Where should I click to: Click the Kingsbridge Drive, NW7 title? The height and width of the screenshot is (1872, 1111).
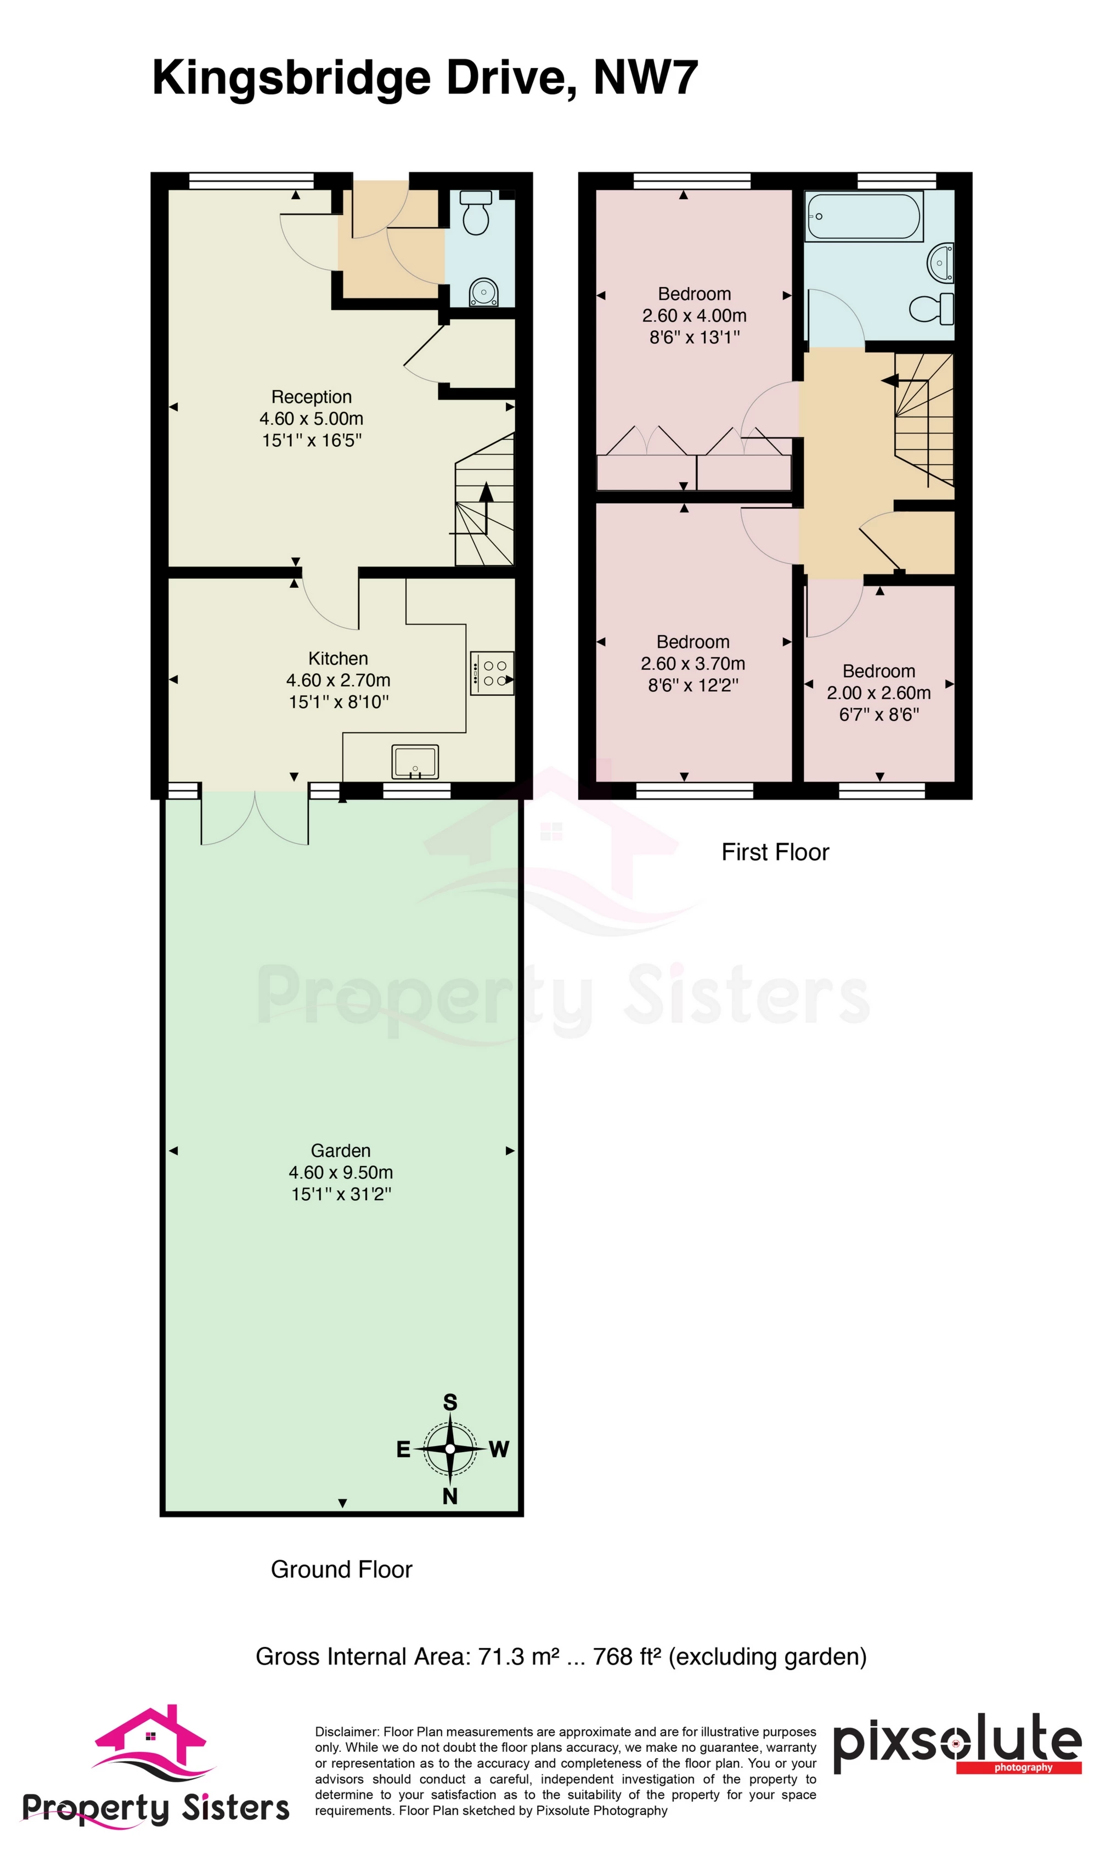point(425,78)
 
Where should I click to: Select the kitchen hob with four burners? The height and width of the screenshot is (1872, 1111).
point(492,673)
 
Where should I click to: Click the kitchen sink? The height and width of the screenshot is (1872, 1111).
point(415,762)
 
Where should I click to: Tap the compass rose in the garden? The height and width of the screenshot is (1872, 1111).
point(450,1449)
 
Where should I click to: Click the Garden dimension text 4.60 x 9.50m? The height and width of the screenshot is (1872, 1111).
point(341,1173)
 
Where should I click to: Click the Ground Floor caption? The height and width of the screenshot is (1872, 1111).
point(341,1570)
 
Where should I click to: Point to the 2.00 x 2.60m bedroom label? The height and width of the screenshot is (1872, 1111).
point(878,693)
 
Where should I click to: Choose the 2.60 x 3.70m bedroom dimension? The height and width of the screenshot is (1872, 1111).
point(692,664)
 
